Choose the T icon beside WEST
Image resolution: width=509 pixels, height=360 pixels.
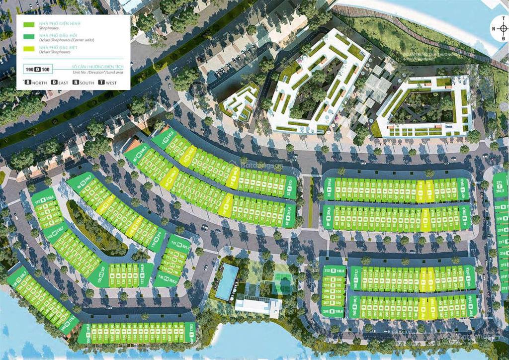click(101, 83)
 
